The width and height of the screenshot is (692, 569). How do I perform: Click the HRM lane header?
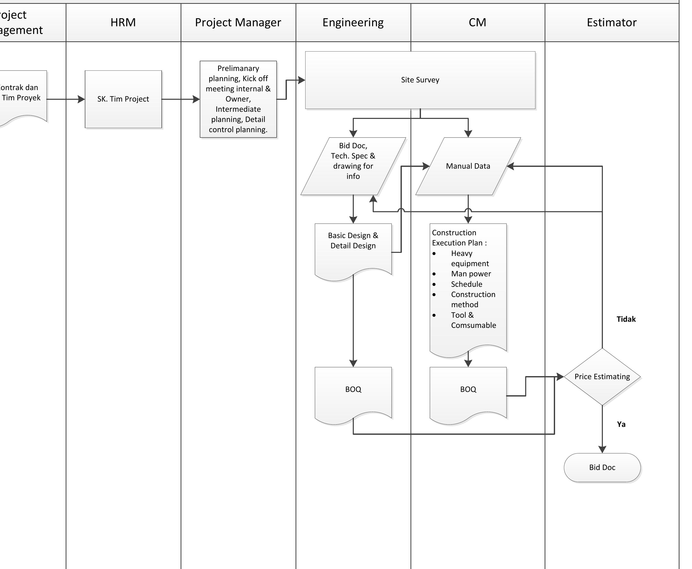tap(123, 22)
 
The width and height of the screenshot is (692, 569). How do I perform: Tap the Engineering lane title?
tap(353, 22)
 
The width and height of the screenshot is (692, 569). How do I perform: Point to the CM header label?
tap(477, 22)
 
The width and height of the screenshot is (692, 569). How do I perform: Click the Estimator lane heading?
tap(612, 22)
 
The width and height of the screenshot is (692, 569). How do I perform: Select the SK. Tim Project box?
tap(123, 99)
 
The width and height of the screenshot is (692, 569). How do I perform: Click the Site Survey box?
tap(420, 80)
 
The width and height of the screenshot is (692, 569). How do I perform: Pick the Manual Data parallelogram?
tap(468, 166)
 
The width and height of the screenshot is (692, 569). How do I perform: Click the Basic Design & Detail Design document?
tap(353, 249)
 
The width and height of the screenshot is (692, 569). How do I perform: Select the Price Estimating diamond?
tap(602, 377)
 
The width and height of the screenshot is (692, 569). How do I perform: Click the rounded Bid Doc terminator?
tap(602, 467)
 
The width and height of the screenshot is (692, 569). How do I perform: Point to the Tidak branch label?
tap(626, 319)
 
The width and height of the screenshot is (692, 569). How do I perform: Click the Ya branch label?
tap(621, 425)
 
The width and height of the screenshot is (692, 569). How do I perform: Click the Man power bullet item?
tap(471, 274)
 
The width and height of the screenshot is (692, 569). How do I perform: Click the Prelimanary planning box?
tap(238, 99)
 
